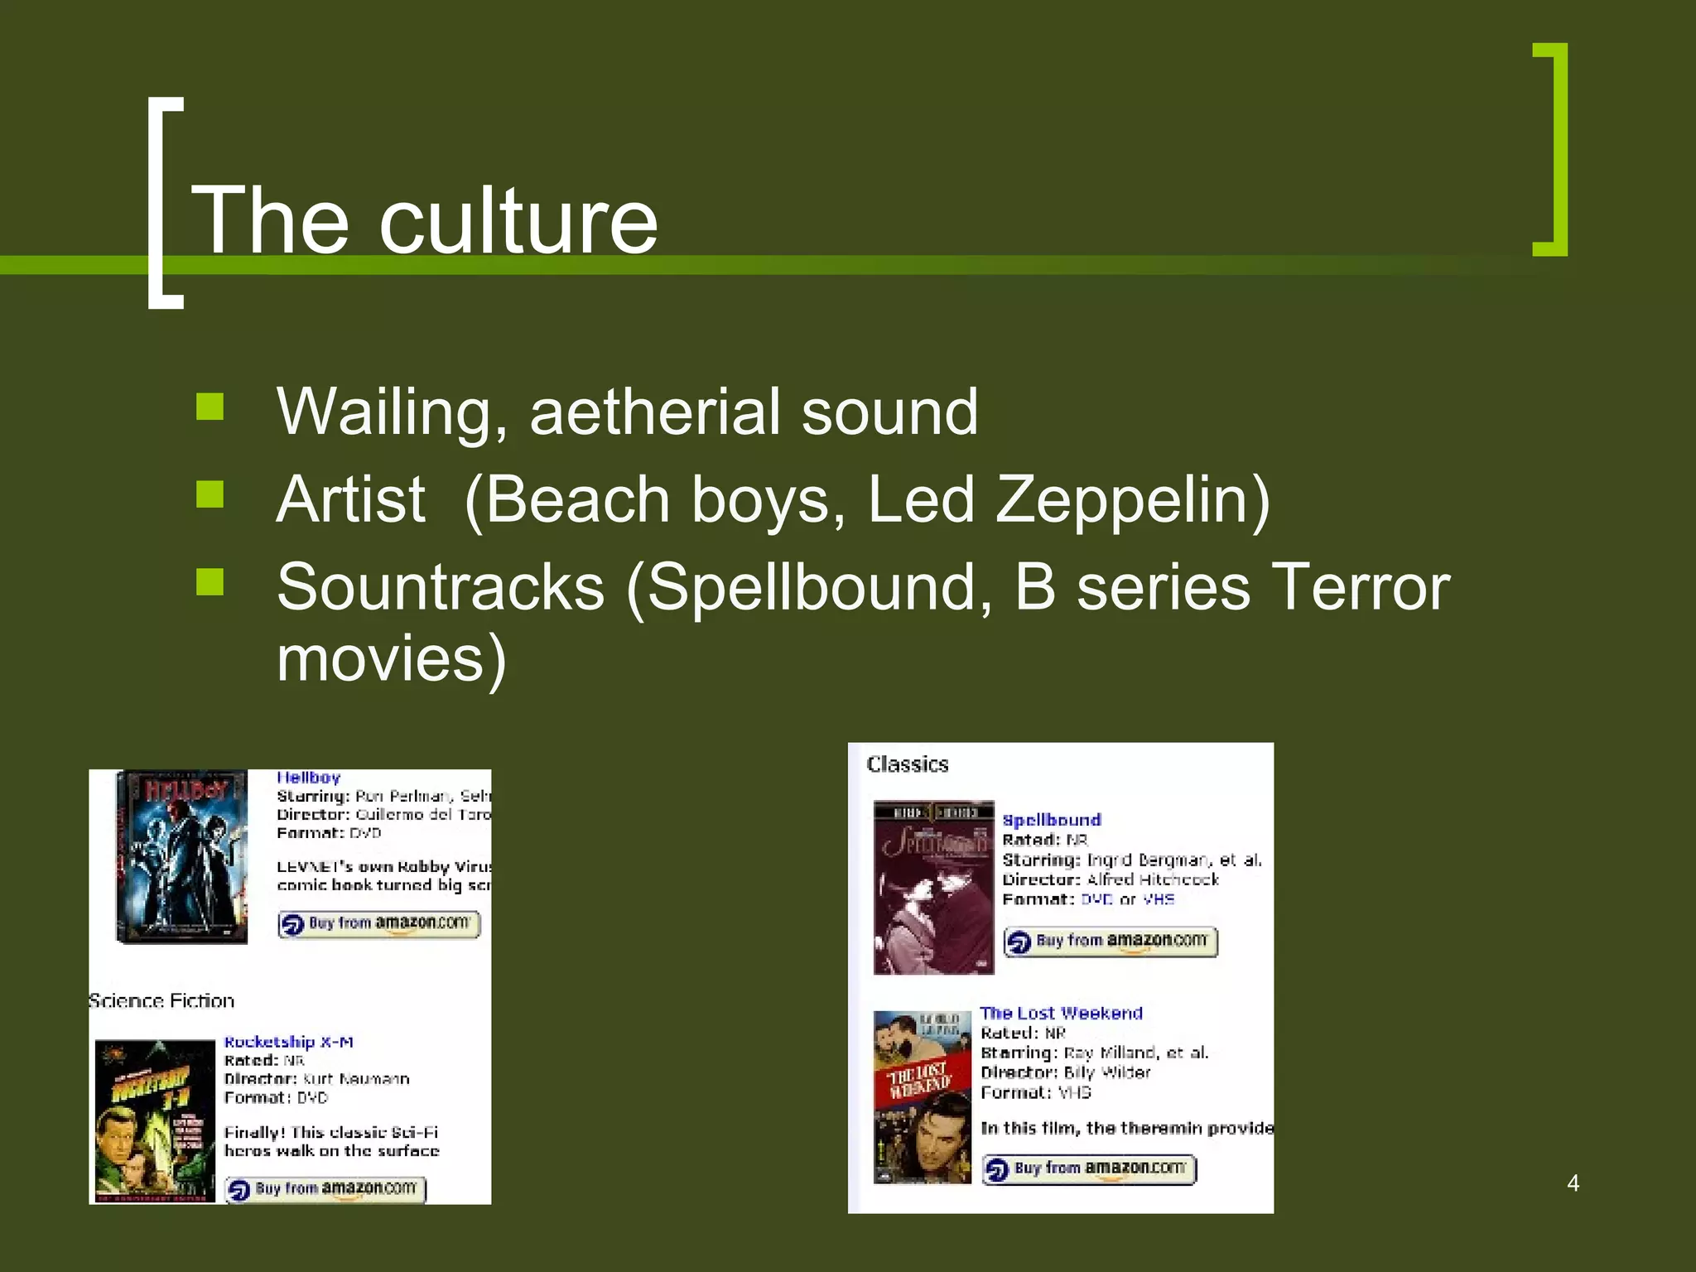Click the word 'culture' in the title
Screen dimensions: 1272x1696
[518, 222]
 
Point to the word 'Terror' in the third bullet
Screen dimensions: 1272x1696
[1360, 587]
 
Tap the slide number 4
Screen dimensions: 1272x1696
[1573, 1183]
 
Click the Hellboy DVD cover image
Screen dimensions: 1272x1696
[182, 856]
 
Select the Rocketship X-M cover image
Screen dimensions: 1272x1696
[155, 1120]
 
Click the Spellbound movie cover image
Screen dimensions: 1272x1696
[933, 887]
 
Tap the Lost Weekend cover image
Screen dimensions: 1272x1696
[922, 1096]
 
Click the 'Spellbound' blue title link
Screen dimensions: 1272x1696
[1052, 820]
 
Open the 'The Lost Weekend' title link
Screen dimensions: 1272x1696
[1061, 1013]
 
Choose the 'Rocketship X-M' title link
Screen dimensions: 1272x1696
[289, 1042]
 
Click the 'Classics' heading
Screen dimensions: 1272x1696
[908, 764]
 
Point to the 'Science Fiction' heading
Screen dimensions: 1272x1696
[162, 1001]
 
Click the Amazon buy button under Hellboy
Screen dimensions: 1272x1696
[379, 923]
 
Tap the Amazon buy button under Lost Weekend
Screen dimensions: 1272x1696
[1089, 1168]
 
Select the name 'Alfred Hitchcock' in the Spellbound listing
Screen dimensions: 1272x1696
[1153, 879]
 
